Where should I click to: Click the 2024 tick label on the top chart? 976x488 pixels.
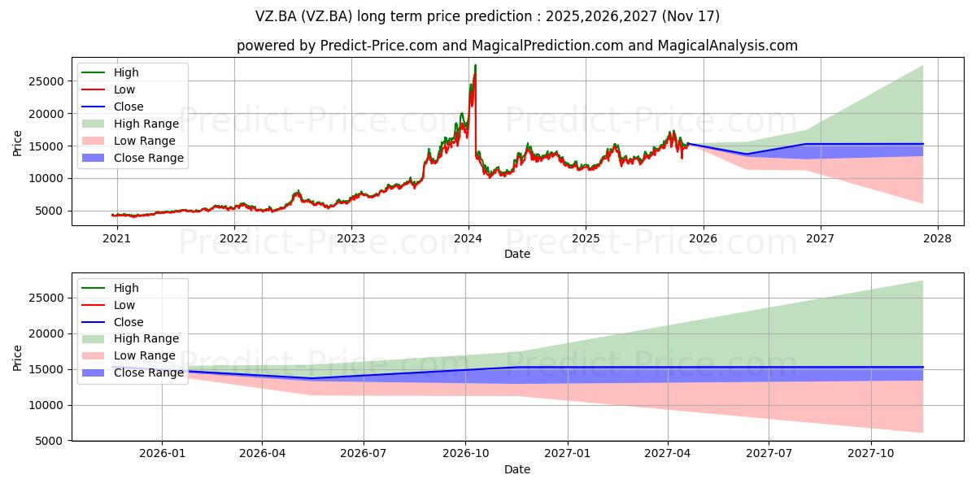[468, 239]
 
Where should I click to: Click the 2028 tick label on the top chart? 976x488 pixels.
[937, 239]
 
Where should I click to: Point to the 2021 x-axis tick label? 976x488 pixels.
[117, 239]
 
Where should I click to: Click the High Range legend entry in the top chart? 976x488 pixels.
[146, 124]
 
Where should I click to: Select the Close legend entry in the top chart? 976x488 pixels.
[129, 107]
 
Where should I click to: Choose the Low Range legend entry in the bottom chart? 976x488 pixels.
[144, 355]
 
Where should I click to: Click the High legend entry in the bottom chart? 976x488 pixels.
[126, 288]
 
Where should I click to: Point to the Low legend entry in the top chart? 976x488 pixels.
[124, 89]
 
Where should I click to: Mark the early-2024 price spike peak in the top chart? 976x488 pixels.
[475, 65]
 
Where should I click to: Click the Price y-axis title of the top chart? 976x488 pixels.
[18, 143]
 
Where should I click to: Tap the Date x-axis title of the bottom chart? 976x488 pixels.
[517, 469]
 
